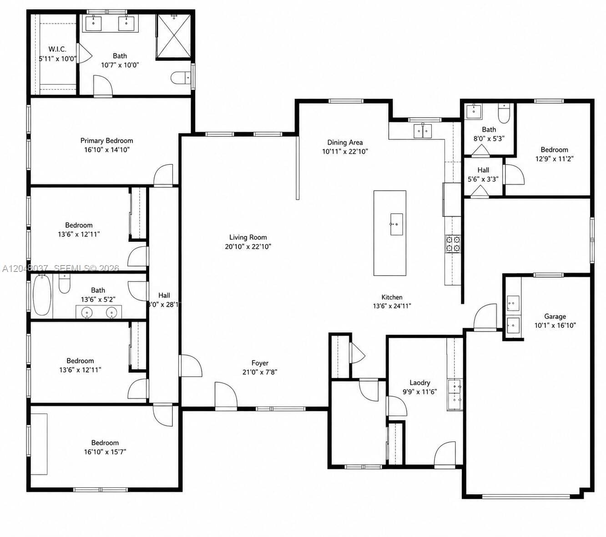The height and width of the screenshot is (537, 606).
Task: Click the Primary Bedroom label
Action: [x=106, y=141]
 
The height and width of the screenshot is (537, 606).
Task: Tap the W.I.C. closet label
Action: [x=57, y=49]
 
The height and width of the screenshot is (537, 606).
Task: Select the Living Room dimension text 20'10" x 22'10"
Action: [x=248, y=246]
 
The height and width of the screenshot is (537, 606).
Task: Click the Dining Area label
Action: [x=345, y=142]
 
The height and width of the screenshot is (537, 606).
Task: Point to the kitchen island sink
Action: [x=396, y=224]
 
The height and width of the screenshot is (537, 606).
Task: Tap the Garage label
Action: [x=555, y=316]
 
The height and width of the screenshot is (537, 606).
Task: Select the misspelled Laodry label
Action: [x=419, y=383]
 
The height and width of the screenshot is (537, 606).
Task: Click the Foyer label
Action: [x=260, y=363]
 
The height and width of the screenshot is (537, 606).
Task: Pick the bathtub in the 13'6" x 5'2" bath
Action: [x=41, y=295]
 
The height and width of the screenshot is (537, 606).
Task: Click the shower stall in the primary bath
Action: [x=174, y=35]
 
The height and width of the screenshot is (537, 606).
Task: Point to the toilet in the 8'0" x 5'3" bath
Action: [x=504, y=114]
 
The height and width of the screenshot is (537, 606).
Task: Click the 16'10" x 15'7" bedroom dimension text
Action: [x=105, y=452]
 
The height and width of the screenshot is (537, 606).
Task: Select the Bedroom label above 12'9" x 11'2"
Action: [x=554, y=150]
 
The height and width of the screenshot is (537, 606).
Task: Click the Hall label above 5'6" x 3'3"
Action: [x=483, y=170]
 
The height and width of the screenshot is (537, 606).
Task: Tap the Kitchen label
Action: [x=392, y=297]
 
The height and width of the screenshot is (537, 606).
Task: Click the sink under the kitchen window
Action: [x=423, y=130]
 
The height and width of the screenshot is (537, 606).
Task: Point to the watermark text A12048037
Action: [x=25, y=268]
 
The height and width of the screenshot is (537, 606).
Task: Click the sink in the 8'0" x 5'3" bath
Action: [x=474, y=111]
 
